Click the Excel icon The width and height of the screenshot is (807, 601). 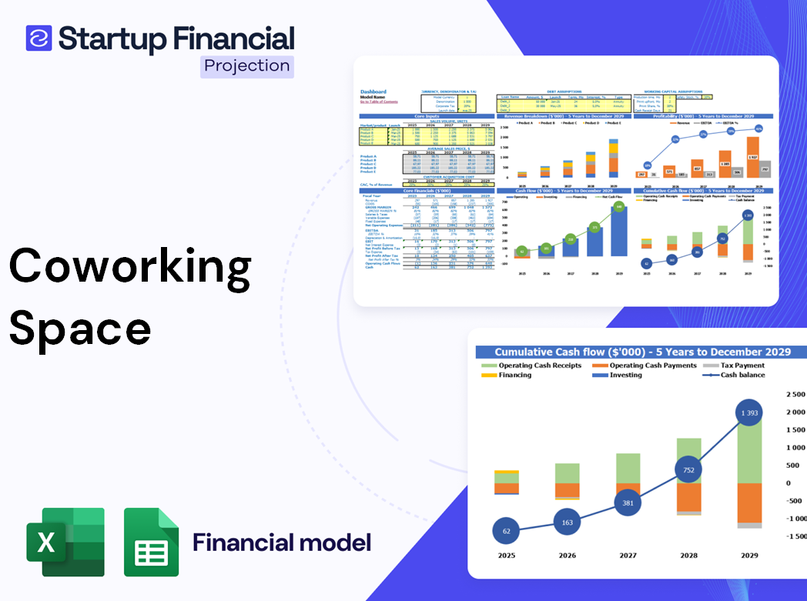click(65, 542)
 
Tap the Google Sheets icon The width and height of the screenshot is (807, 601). click(152, 542)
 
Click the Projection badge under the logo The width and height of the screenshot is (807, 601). click(247, 66)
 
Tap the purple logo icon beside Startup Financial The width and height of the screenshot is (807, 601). click(39, 38)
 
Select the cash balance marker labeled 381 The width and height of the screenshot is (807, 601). click(628, 503)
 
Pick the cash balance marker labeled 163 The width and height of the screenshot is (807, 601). click(567, 523)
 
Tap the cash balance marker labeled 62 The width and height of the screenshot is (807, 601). click(505, 531)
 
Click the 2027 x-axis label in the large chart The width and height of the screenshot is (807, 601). click(628, 555)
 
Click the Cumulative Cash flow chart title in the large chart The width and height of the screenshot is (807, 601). click(642, 352)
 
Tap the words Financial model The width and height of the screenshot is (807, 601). click(282, 543)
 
